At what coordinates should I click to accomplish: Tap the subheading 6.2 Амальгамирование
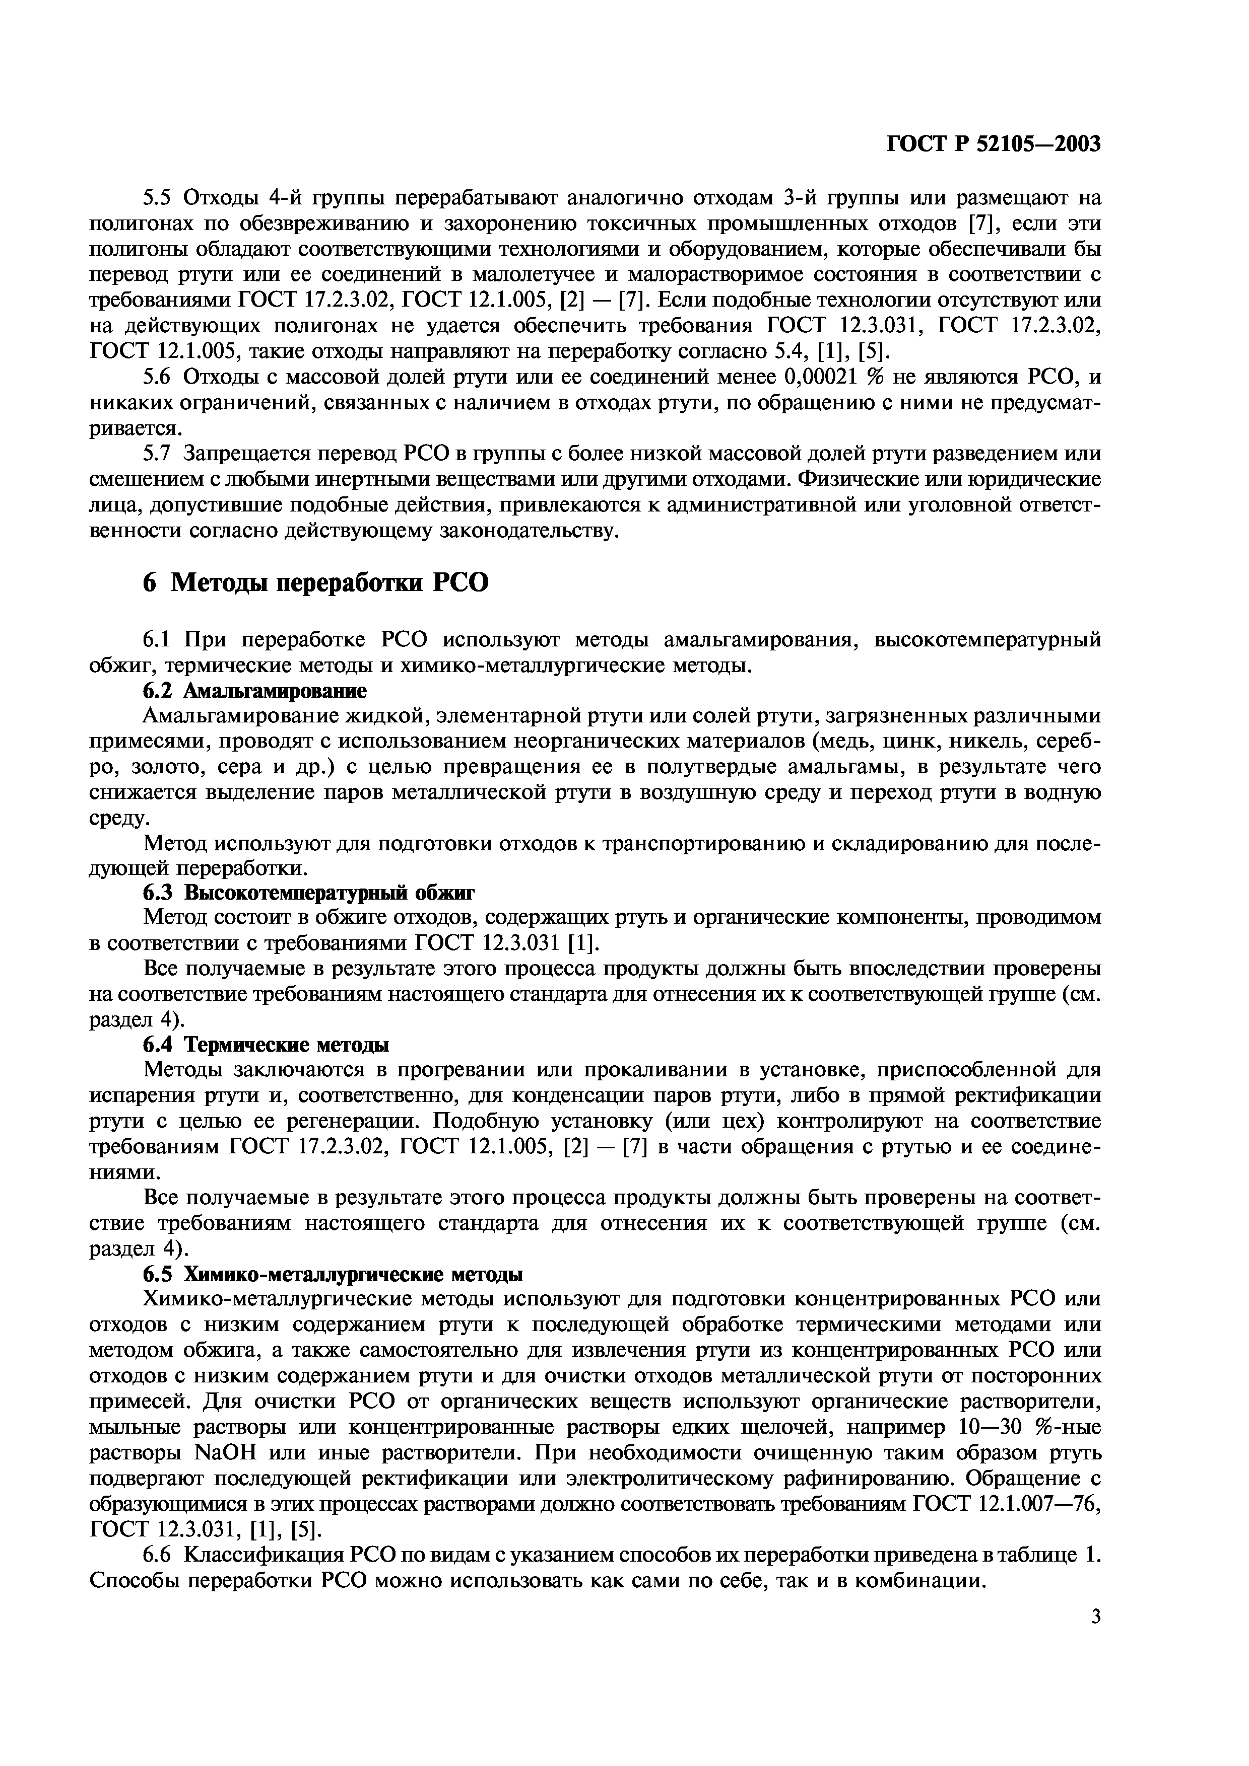click(x=255, y=690)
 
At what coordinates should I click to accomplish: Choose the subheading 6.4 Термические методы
click(x=266, y=1045)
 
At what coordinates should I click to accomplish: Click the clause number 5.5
click(x=162, y=198)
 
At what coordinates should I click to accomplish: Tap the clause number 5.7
click(x=162, y=454)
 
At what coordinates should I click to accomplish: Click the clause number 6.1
click(x=162, y=639)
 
